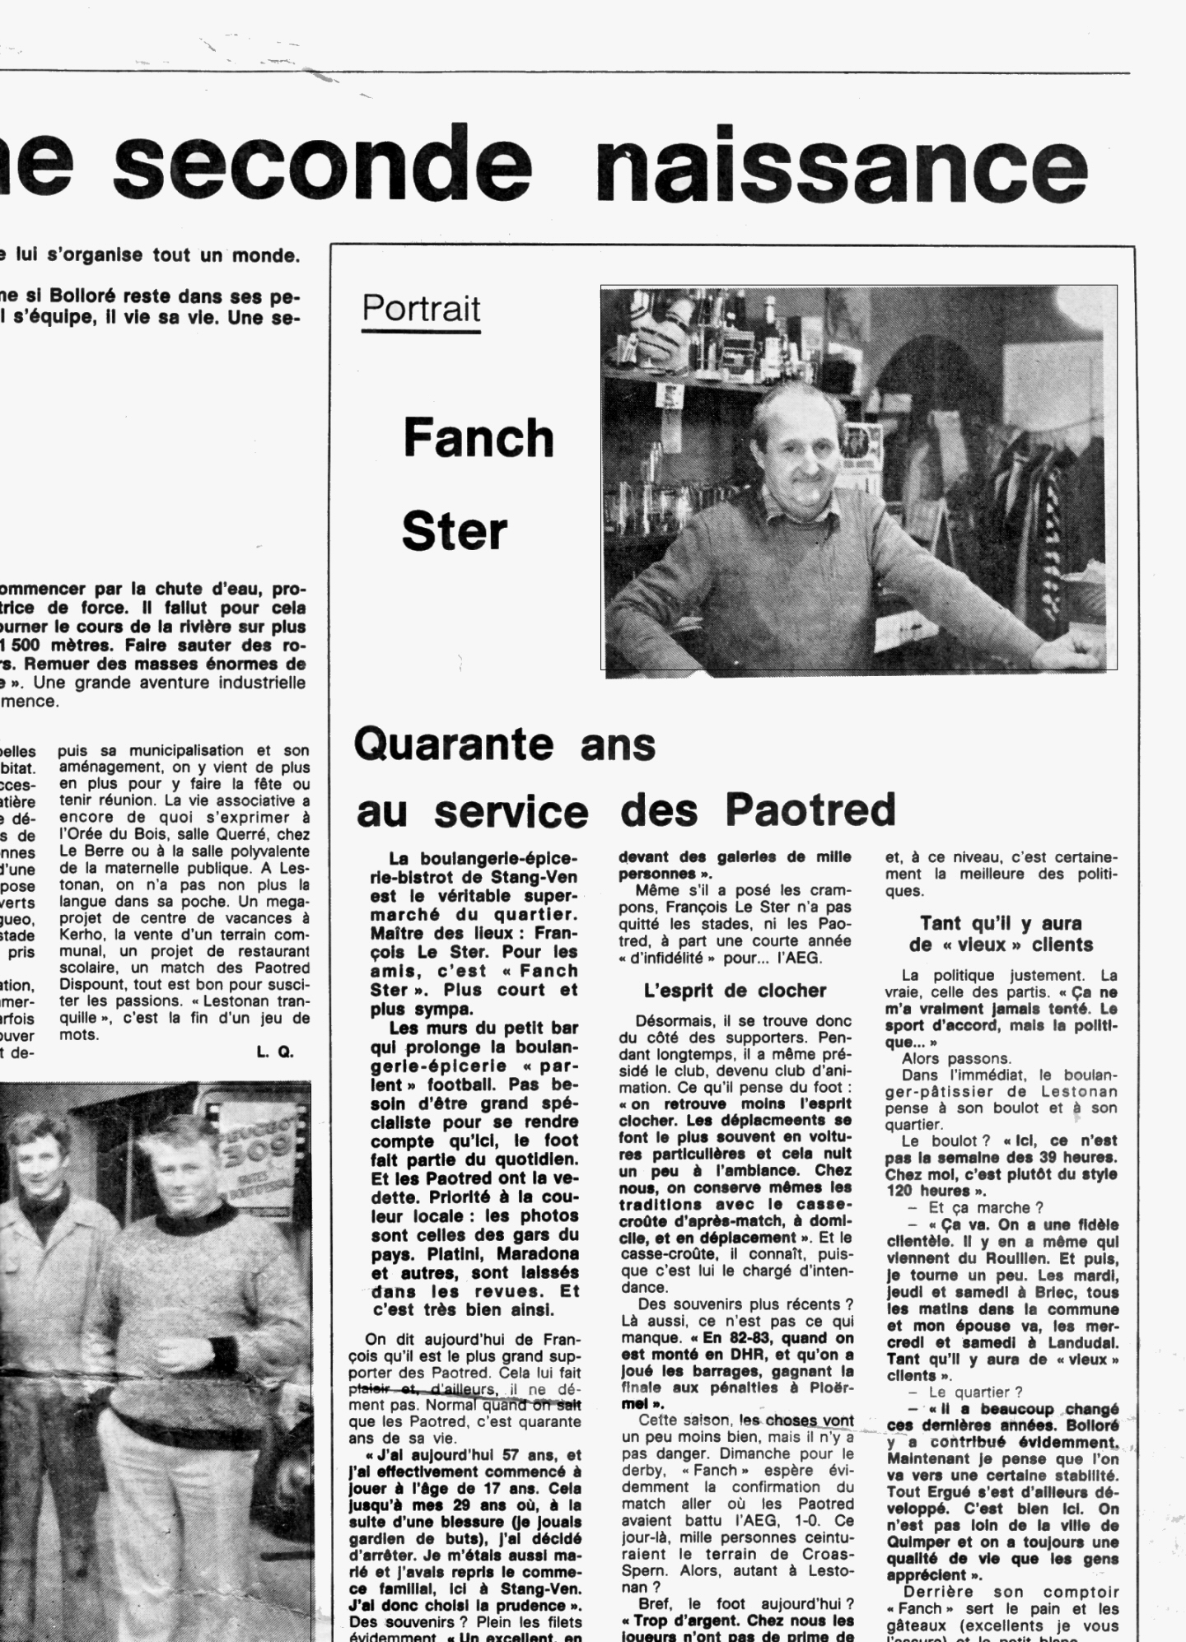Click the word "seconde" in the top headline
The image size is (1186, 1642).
322,162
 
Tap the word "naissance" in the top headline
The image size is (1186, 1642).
841,162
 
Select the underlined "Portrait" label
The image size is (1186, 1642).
421,308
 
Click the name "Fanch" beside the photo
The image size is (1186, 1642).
479,438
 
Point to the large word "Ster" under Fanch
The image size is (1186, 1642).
454,532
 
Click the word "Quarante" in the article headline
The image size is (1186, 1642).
453,744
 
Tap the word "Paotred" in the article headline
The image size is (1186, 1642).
810,810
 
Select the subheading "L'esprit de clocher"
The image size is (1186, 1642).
735,991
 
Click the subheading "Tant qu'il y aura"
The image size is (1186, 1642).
1001,923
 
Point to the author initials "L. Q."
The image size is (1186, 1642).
275,1052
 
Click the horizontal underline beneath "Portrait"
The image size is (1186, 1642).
421,331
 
